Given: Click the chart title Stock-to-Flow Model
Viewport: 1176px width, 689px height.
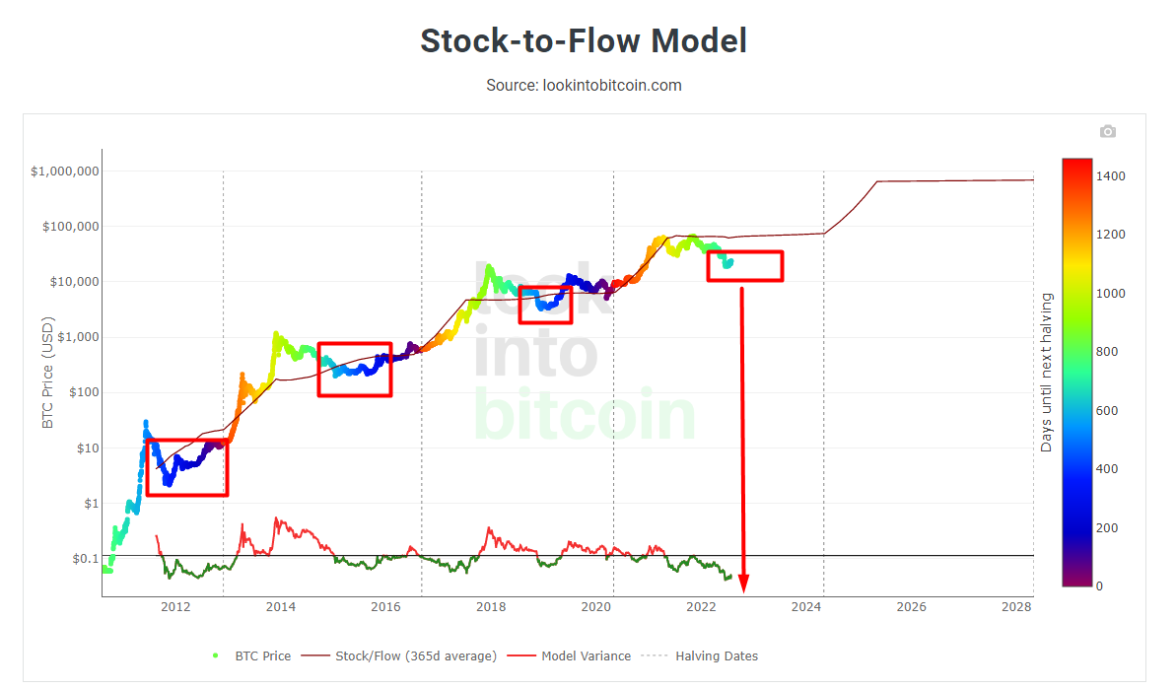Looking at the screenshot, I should [584, 40].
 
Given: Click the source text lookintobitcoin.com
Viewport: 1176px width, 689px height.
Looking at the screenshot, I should [584, 85].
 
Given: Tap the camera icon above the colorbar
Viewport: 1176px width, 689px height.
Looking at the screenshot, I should [1108, 131].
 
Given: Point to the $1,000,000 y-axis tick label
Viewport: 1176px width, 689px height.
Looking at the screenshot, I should [65, 172].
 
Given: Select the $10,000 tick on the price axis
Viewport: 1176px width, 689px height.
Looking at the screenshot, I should [71, 282].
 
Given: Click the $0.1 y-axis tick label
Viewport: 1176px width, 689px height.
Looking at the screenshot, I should [85, 559].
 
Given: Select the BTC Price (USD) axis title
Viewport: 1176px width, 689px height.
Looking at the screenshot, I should [47, 373].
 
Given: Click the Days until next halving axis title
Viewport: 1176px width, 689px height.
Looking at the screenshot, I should [1046, 373].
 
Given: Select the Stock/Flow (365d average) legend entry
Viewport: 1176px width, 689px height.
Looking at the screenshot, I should [415, 655].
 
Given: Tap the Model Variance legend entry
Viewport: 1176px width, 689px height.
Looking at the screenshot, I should [586, 655].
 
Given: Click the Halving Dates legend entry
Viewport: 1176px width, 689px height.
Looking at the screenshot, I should [716, 655].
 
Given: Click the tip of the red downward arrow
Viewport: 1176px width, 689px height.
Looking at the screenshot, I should [744, 590].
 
